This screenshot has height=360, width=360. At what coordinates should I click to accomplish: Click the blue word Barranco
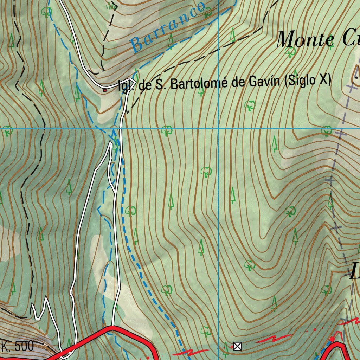coord(167,27)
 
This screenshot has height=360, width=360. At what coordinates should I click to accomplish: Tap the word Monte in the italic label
coord(304,39)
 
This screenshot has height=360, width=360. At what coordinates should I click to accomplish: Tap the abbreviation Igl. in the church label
coord(125,85)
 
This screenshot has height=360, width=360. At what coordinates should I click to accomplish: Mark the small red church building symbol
coord(105,90)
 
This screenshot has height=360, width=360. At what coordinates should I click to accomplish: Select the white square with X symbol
coord(238,346)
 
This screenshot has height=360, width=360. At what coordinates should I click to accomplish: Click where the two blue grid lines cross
coord(218,129)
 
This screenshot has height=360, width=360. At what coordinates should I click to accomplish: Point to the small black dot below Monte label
coord(356,77)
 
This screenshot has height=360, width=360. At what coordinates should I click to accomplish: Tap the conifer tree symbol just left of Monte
coord(232,35)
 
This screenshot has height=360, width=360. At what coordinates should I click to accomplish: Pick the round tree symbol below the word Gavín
coord(250,105)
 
